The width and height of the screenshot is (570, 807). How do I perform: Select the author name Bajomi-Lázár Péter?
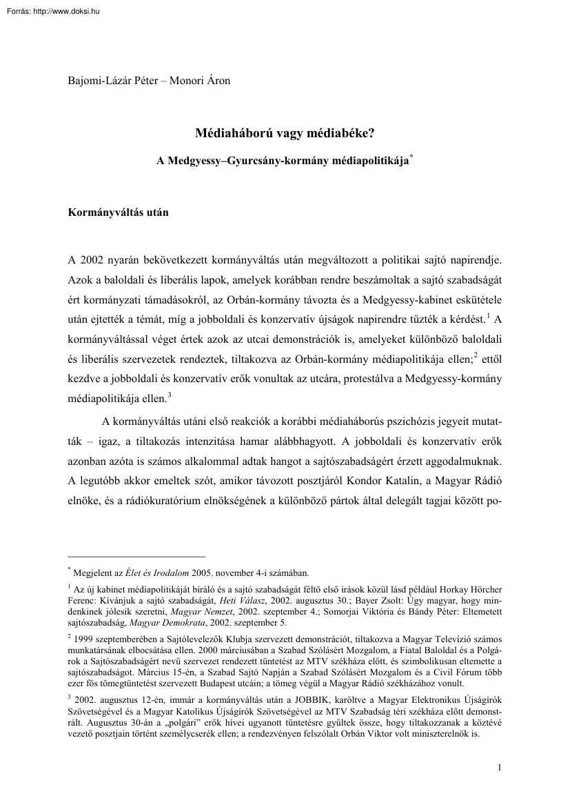(x=111, y=80)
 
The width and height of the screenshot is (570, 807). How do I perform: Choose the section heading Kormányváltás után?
(x=118, y=213)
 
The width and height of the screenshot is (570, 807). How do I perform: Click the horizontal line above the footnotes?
(x=136, y=555)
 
